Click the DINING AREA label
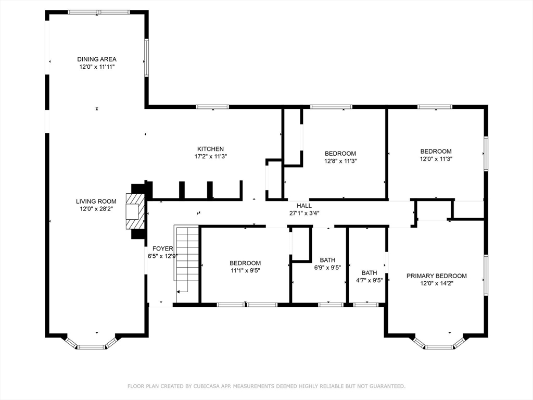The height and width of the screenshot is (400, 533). tap(96, 59)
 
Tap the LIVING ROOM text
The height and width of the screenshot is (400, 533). tap(96, 201)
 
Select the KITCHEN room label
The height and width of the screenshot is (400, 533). tap(210, 149)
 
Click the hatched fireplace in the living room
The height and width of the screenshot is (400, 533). tap(134, 211)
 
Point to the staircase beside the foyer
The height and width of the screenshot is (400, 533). tap(187, 260)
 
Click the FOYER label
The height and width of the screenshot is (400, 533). tap(162, 249)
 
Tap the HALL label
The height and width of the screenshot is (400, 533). tap(304, 206)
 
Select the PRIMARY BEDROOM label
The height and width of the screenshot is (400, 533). tap(436, 276)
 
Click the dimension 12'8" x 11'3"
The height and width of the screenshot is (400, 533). tap(340, 161)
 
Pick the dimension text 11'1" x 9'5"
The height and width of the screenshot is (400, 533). tap(245, 270)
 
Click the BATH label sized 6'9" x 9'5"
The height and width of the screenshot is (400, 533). tap(327, 260)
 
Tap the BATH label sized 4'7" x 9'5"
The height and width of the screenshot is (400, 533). tap(369, 272)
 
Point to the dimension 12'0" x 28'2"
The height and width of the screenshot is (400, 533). tap(96, 208)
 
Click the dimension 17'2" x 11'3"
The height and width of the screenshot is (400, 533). tap(210, 156)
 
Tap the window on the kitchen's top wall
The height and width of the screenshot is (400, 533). tap(212, 107)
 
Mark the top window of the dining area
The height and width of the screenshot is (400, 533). tap(99, 12)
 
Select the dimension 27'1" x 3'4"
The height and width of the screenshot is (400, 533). tap(304, 213)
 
